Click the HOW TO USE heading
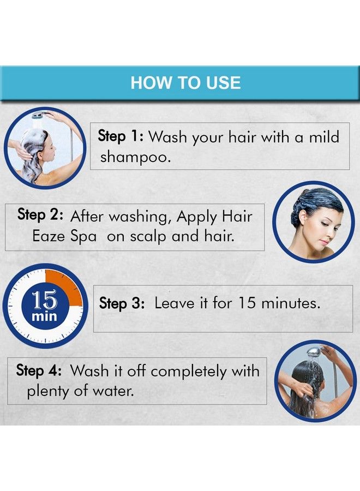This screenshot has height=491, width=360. coord(185,83)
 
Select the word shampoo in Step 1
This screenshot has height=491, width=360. coord(135,157)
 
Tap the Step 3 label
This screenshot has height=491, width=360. coord(122,303)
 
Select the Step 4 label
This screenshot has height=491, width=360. coord(39,370)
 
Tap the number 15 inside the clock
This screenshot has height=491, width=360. coord(44,300)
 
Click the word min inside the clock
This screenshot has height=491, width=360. coord(44,316)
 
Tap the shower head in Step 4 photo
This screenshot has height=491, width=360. coord(313,352)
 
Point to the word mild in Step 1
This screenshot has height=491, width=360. coord(324,137)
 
